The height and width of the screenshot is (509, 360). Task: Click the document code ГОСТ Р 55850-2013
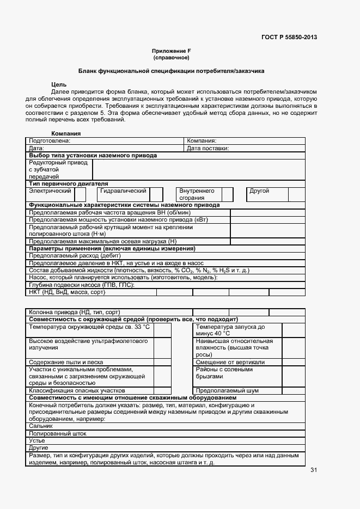(289, 38)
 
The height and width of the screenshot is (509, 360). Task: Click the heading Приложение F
(171, 51)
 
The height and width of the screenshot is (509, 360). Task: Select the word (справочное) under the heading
(171, 57)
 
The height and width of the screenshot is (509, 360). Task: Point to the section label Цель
(59, 84)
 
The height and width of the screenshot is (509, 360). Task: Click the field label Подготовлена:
(50, 140)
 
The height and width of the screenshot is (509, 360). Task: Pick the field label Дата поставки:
(208, 148)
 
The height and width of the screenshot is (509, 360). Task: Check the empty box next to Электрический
(80, 194)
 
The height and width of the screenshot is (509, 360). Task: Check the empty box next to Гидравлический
(156, 194)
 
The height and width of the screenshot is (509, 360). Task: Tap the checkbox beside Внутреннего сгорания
(228, 194)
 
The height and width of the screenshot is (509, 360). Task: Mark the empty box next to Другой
(296, 194)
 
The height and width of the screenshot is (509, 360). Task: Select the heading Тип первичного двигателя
(68, 184)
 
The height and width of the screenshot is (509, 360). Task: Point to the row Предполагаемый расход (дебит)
(75, 255)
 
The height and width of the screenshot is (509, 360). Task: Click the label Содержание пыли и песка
(66, 362)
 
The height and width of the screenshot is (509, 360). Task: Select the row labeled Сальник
(41, 426)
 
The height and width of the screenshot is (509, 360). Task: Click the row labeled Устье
(38, 440)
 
